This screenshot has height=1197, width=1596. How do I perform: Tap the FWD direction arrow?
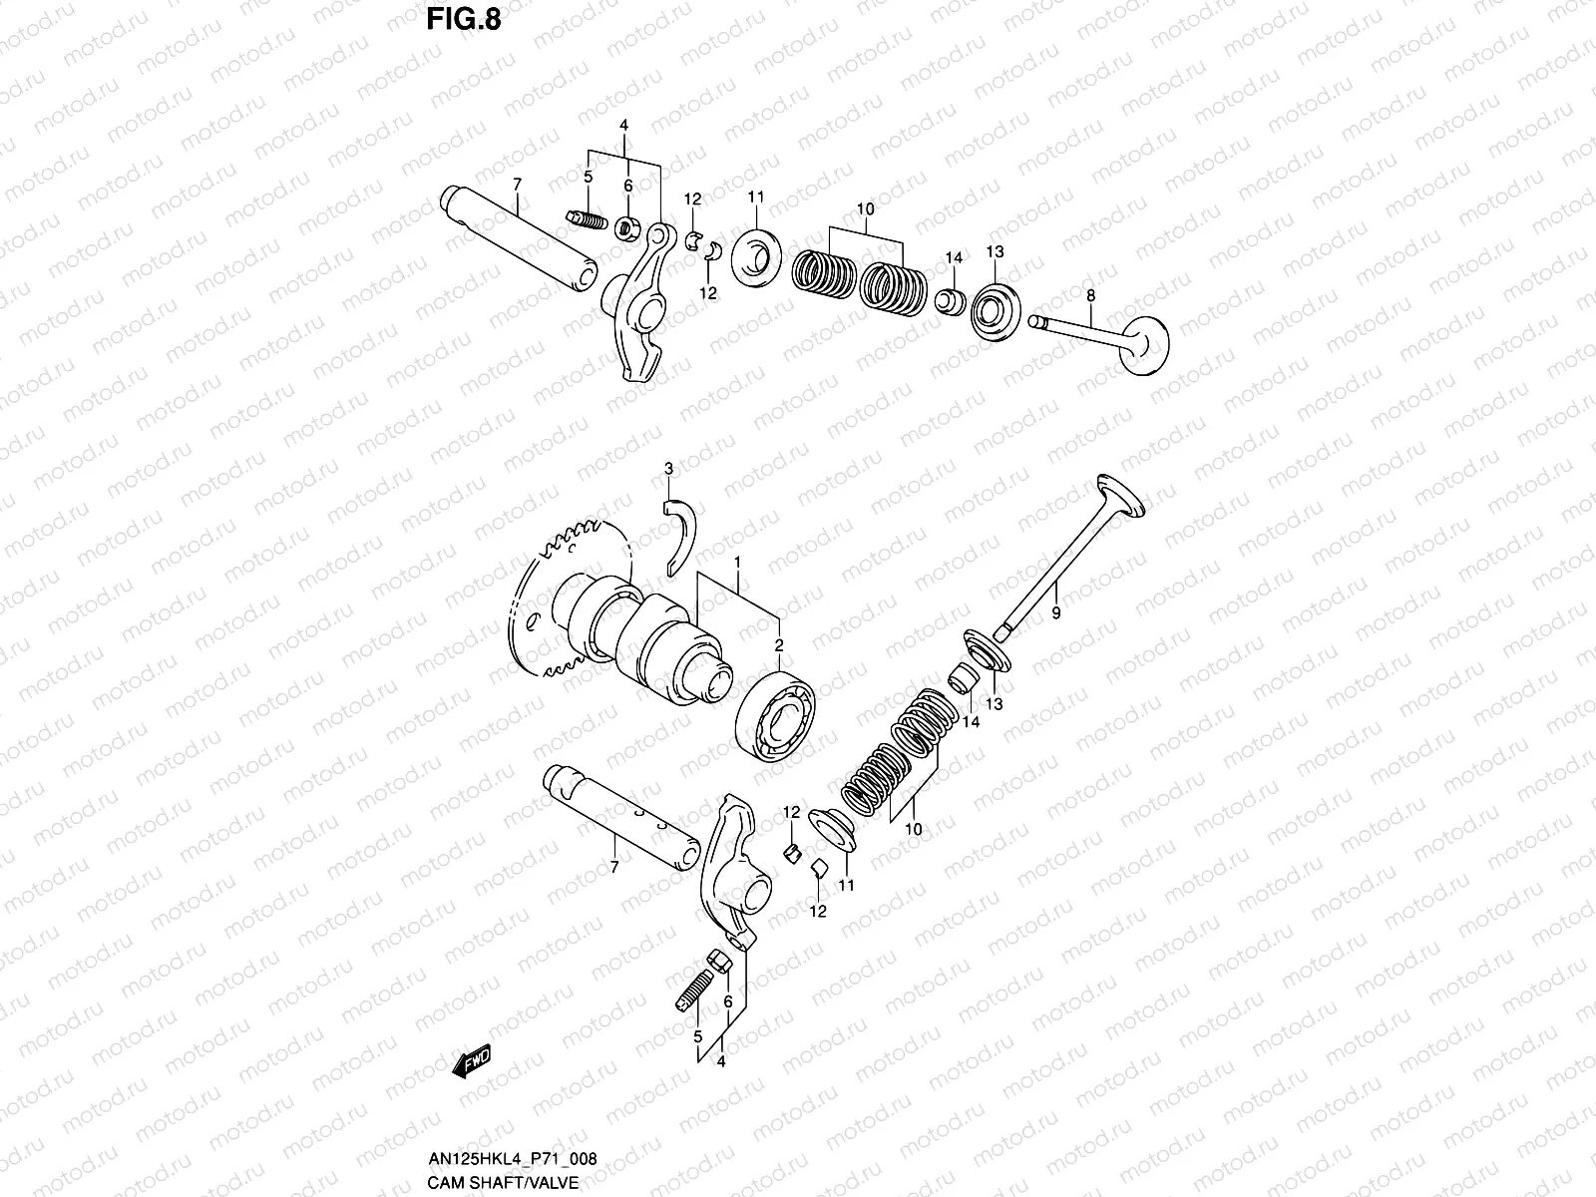[473, 1063]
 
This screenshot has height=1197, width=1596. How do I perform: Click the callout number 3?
[669, 468]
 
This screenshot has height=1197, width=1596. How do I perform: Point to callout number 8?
[1090, 295]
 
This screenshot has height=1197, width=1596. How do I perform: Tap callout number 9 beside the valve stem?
[1055, 613]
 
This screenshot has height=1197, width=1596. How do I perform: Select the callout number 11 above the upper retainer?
[755, 196]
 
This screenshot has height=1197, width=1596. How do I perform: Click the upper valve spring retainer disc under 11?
[755, 255]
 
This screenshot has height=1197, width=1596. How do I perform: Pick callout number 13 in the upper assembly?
[996, 251]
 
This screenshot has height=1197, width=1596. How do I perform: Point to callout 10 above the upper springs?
[865, 208]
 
